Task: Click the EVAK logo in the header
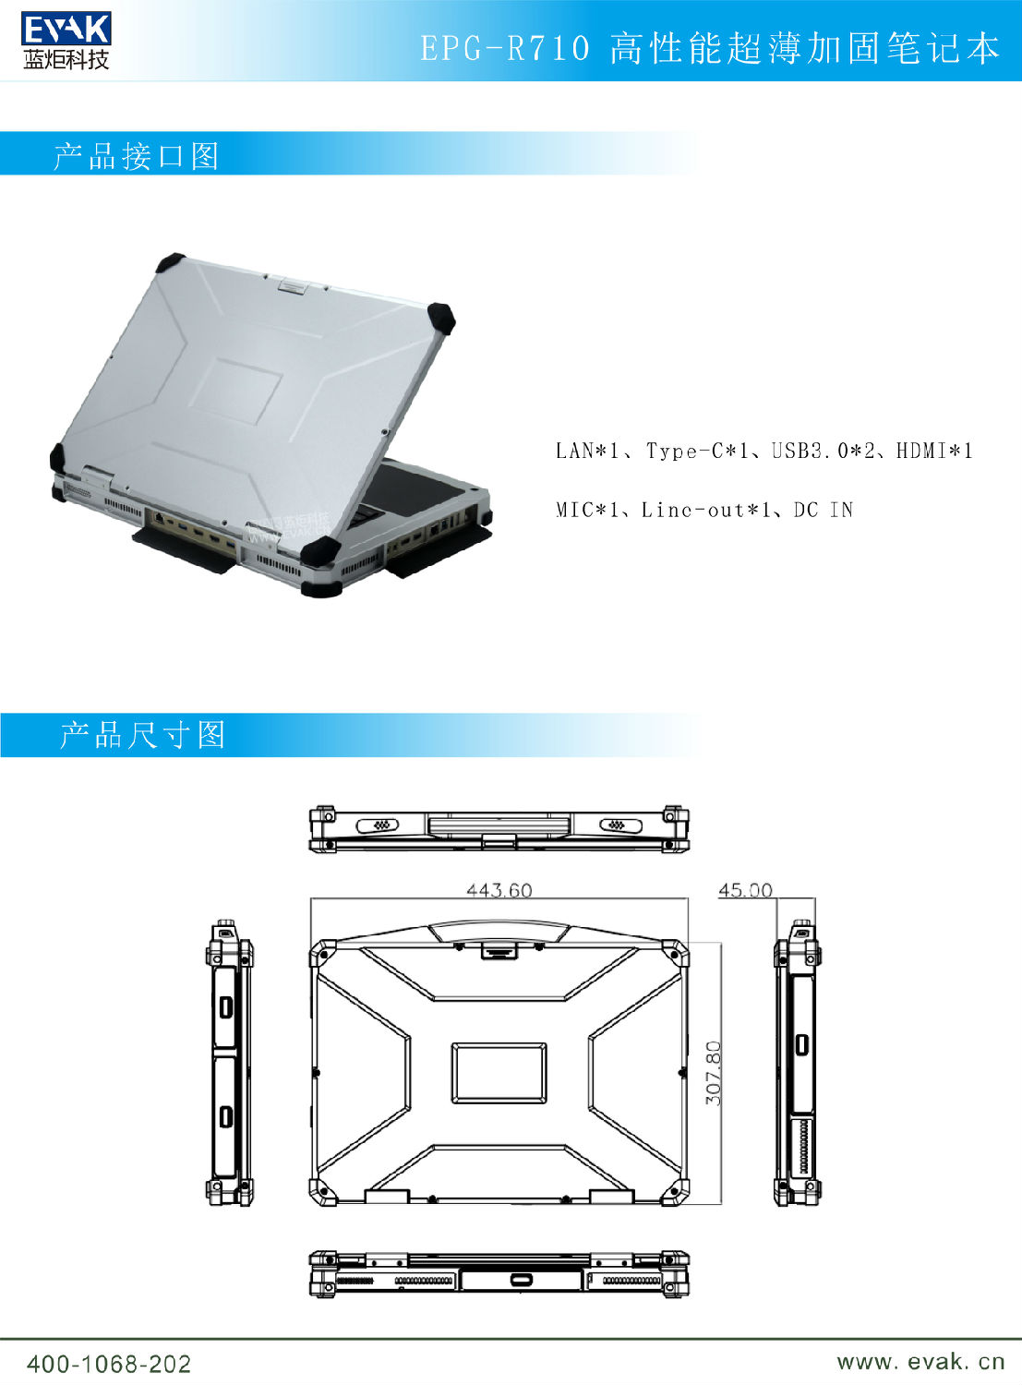pyautogui.click(x=66, y=42)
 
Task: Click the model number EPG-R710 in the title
pyautogui.click(x=505, y=48)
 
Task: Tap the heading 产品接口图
pyautogui.click(x=136, y=155)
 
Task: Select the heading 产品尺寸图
pyautogui.click(x=142, y=735)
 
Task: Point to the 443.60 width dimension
pyautogui.click(x=499, y=890)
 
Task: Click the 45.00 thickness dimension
pyautogui.click(x=745, y=890)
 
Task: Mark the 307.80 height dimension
pyautogui.click(x=714, y=1073)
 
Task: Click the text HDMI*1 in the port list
pyautogui.click(x=934, y=452)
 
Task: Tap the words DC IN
pyautogui.click(x=823, y=510)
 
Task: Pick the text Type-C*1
pyautogui.click(x=699, y=452)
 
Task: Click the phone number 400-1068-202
pyautogui.click(x=109, y=1364)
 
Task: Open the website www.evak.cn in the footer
pyautogui.click(x=920, y=1361)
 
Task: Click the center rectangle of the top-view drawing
pyautogui.click(x=499, y=1072)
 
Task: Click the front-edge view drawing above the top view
pyautogui.click(x=499, y=828)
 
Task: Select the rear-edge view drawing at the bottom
pyautogui.click(x=499, y=1275)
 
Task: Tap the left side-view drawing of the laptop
pyautogui.click(x=229, y=1063)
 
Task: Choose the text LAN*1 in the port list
pyautogui.click(x=587, y=452)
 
